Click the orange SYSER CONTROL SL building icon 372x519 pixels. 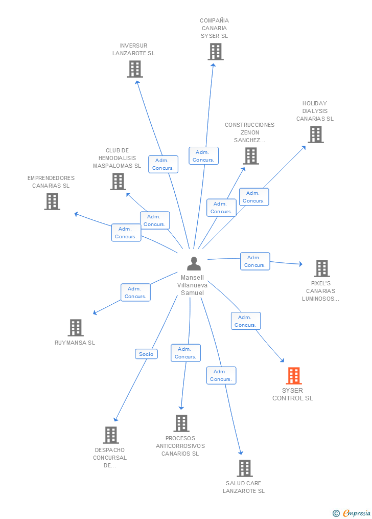pos(293,376)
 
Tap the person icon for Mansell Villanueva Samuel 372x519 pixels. pos(194,264)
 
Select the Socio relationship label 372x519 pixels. pos(146,354)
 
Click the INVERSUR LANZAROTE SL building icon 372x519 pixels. pos(134,69)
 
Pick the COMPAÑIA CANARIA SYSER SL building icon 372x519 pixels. pos(215,52)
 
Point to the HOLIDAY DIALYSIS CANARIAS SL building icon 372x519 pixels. pos(315,134)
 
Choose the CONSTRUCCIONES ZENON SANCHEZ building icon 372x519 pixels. pos(250,156)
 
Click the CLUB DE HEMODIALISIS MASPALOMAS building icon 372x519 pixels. pos(118,182)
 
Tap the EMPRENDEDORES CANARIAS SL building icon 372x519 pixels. pos(52,201)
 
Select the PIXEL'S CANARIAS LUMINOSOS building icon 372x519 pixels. pos(321,268)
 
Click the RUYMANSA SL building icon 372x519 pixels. pos(75,328)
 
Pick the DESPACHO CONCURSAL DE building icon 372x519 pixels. pos(110,435)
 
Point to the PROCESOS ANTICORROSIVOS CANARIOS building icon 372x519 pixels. pos(181,423)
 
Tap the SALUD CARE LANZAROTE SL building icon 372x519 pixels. pos(244,468)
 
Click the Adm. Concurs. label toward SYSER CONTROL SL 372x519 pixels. pos(246,321)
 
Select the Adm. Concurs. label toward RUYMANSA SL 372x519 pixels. pos(135,292)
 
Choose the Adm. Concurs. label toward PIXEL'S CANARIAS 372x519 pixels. pos(254,261)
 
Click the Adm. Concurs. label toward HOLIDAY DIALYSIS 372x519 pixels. pos(253,197)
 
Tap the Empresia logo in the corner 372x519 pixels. pos(352,513)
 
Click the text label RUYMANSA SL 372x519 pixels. pos(75,343)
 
